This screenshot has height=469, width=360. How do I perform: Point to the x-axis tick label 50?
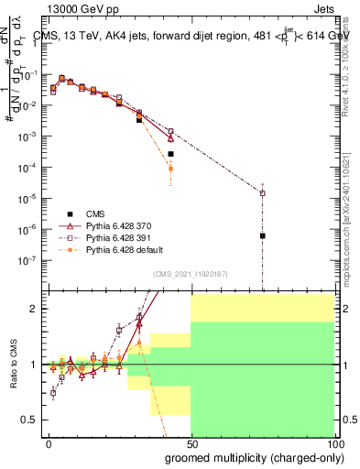191,442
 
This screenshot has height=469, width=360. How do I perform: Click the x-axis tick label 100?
334,442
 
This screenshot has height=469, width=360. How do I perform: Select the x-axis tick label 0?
49,442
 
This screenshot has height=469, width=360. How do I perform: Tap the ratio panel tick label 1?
36,365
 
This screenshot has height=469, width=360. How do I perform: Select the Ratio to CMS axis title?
15,364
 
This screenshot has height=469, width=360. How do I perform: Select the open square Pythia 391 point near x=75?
263,193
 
